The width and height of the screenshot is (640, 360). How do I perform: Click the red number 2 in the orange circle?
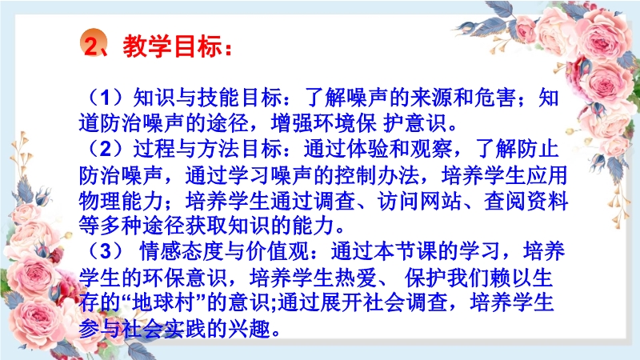coord(92,46)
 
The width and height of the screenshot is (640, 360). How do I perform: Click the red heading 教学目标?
coord(173,46)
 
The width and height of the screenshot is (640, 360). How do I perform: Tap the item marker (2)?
coord(106,149)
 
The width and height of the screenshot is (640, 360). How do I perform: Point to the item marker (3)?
coord(106,251)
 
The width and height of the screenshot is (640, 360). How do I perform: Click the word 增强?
coord(290,123)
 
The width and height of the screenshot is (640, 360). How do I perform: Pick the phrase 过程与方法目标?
coord(207,149)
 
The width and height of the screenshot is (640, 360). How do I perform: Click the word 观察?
coord(430,149)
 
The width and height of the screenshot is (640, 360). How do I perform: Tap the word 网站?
coord(441,201)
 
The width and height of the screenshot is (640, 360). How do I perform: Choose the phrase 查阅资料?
coord(526,201)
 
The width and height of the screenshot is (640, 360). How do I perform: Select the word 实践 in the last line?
coord(185,329)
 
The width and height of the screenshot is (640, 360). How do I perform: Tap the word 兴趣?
coord(249,329)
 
